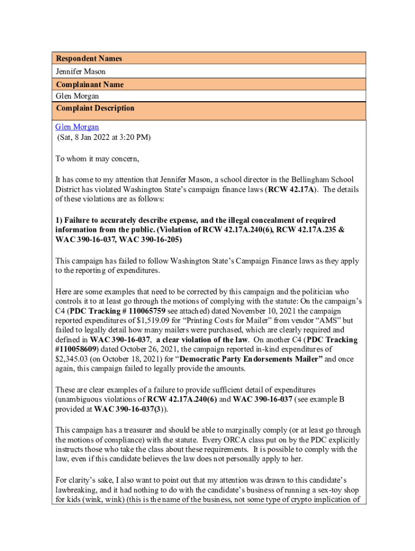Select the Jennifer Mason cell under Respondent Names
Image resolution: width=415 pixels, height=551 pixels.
point(81,72)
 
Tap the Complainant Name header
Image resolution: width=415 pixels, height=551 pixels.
point(89,84)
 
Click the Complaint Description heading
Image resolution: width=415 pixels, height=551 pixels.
point(95,108)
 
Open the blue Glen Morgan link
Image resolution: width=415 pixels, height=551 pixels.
point(77,127)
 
